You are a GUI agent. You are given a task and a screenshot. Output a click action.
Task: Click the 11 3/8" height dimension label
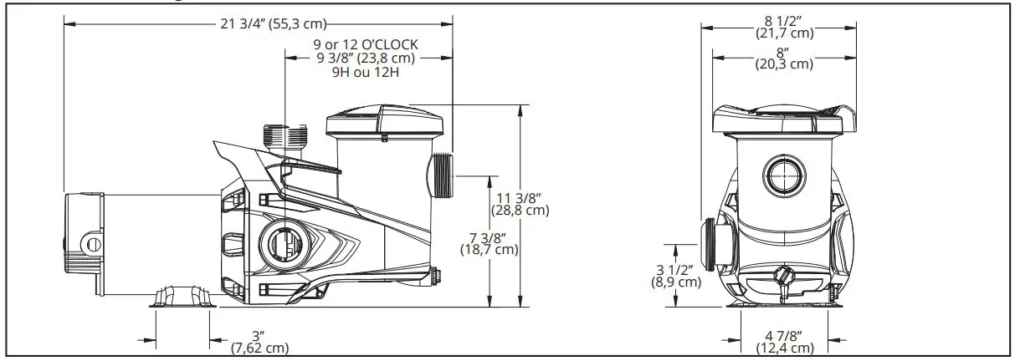[522, 204]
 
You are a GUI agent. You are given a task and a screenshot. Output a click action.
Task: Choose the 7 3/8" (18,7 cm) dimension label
[489, 243]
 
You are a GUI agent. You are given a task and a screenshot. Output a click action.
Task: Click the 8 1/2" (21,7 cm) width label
[783, 26]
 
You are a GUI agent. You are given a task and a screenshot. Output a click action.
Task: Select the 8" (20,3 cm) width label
[783, 57]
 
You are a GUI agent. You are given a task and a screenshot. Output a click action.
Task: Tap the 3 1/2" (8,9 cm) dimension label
[676, 275]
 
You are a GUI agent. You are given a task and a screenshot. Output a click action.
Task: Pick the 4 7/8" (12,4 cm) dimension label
[783, 342]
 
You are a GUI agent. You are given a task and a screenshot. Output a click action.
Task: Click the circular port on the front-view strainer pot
[784, 175]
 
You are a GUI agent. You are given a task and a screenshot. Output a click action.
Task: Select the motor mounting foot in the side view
[183, 297]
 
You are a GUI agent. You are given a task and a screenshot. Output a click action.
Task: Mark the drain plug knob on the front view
[784, 276]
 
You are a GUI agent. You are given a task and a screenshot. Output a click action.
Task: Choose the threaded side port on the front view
[713, 247]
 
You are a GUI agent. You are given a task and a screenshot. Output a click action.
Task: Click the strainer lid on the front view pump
[784, 119]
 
